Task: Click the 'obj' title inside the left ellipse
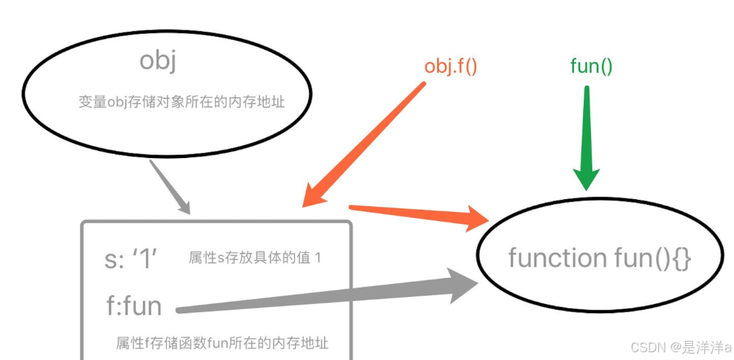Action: pyautogui.click(x=157, y=62)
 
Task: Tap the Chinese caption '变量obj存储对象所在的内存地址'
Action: pyautogui.click(x=181, y=102)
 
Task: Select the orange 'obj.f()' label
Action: pyautogui.click(x=451, y=67)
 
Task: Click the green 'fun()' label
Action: pyautogui.click(x=591, y=67)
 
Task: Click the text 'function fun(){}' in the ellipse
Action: pyautogui.click(x=599, y=258)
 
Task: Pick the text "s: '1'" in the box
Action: pyautogui.click(x=131, y=259)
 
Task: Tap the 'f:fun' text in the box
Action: pyautogui.click(x=133, y=305)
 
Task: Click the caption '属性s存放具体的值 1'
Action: pyautogui.click(x=254, y=258)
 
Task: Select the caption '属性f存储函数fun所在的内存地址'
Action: pyautogui.click(x=222, y=344)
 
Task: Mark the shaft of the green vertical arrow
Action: pyautogui.click(x=587, y=128)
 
